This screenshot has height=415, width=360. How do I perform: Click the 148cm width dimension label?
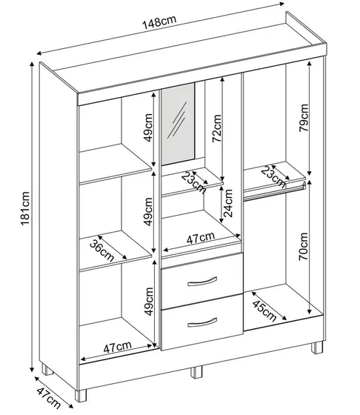click(x=159, y=22)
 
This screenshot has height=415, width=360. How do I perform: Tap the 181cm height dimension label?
click(x=25, y=208)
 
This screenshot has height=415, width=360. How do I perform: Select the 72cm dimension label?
click(x=216, y=128)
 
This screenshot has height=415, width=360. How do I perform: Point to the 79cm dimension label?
click(x=304, y=118)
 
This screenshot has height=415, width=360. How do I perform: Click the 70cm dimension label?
click(x=304, y=246)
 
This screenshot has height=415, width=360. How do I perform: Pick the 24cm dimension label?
click(x=227, y=203)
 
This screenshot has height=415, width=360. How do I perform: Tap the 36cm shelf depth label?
click(x=102, y=250)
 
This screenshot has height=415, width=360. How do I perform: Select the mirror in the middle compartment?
click(x=178, y=124)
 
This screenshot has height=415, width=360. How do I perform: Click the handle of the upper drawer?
click(x=202, y=282)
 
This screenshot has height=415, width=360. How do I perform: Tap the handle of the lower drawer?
click(x=202, y=322)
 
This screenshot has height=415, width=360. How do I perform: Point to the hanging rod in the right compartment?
click(x=274, y=192)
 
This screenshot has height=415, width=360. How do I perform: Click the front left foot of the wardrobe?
click(x=81, y=396)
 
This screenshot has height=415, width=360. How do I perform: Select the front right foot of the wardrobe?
click(x=317, y=348)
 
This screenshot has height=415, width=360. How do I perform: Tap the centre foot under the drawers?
click(x=196, y=372)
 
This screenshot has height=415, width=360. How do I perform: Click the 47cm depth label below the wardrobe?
click(x=48, y=398)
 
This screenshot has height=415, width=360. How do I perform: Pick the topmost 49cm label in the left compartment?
click(x=149, y=127)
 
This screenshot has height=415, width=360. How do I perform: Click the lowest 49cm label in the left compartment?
click(x=149, y=302)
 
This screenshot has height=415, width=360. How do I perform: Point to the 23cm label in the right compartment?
click(x=273, y=176)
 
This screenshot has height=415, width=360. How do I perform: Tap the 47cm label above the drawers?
click(x=201, y=238)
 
